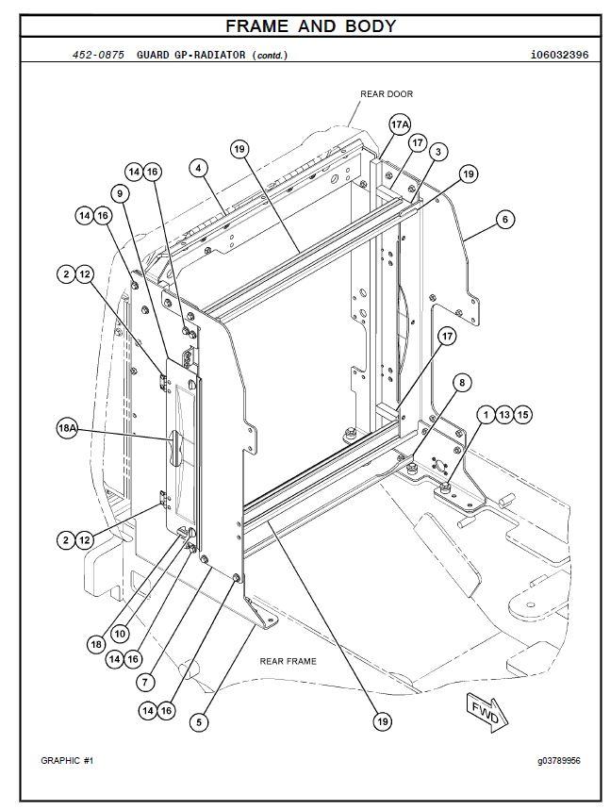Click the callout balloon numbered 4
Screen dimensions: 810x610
pos(198,169)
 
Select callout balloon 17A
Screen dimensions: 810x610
pos(400,124)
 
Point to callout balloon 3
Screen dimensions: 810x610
pos(437,151)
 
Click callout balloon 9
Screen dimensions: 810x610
pos(121,193)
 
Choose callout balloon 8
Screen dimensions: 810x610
pos(461,382)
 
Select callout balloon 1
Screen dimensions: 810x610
pos(485,414)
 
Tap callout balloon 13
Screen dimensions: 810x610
pos(504,414)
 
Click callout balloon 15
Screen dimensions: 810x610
pos(524,414)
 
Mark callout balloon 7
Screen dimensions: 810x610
pos(145,681)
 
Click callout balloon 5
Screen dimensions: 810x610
pos(199,722)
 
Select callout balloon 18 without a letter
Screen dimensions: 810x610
pos(96,644)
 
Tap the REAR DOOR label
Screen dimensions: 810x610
pos(386,94)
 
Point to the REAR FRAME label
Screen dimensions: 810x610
pos(288,661)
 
